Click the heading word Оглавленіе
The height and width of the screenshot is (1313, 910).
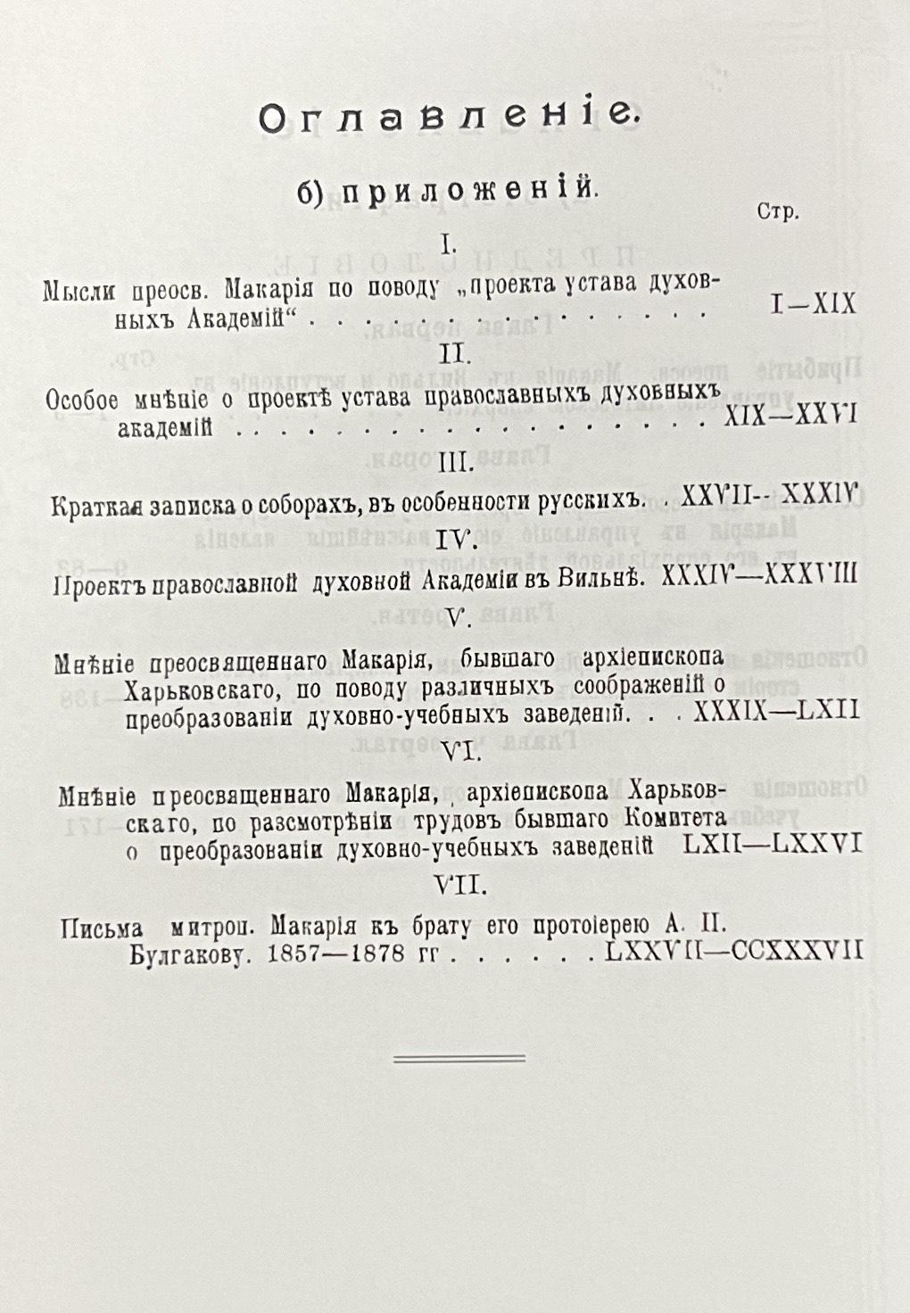click(x=449, y=118)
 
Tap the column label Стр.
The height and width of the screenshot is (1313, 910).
click(x=778, y=211)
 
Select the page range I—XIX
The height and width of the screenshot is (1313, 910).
click(x=815, y=305)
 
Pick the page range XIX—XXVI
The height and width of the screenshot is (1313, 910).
click(x=791, y=415)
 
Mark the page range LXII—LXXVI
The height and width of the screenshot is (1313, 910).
click(x=773, y=845)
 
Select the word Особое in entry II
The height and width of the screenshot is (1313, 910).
click(x=82, y=401)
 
